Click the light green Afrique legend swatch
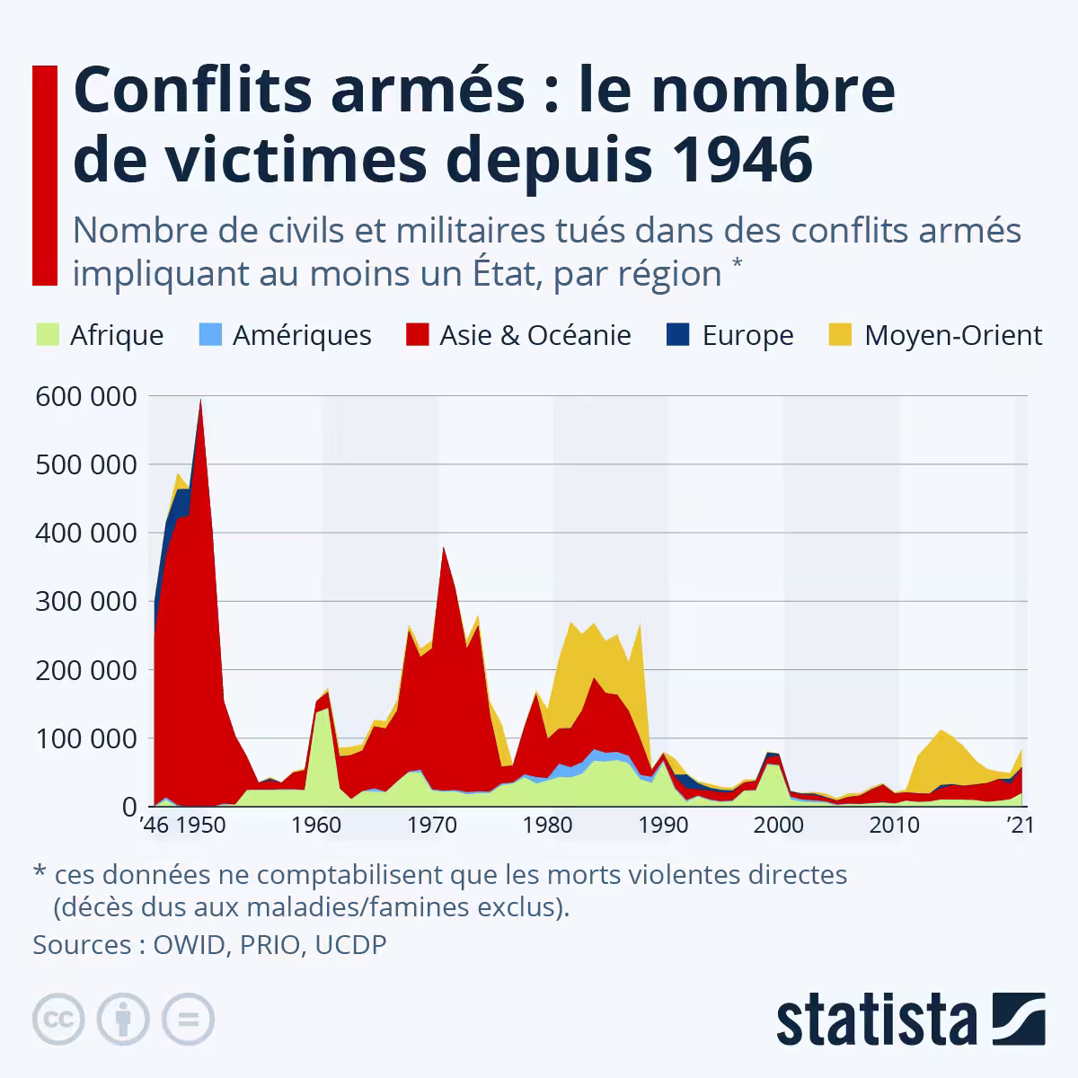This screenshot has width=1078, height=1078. tap(47, 335)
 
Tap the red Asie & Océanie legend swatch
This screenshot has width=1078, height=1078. tap(416, 335)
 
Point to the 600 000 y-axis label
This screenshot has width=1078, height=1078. tap(85, 396)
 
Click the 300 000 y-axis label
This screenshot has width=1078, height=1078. tap(85, 601)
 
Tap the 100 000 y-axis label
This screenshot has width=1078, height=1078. tap(85, 738)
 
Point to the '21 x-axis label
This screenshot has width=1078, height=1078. tap(1020, 825)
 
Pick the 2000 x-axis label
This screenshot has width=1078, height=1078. tap(778, 825)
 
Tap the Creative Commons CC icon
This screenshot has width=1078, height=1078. tap(58, 1019)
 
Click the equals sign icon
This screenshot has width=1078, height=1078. tap(188, 1019)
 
